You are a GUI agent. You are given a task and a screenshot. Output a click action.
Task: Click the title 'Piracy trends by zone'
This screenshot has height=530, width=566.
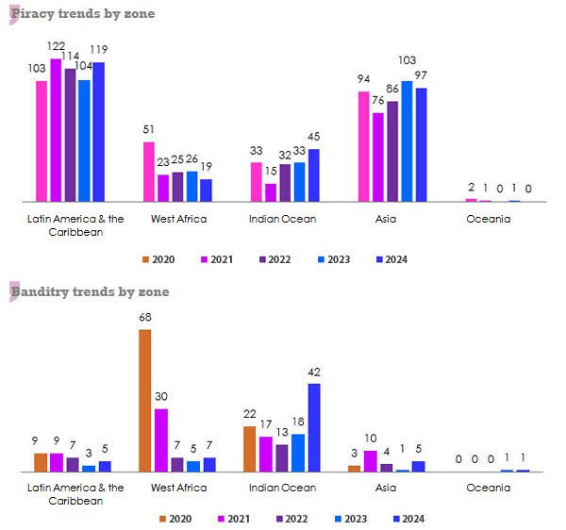click(x=82, y=14)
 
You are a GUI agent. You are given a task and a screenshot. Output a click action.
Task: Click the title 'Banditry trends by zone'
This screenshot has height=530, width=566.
click(x=90, y=291)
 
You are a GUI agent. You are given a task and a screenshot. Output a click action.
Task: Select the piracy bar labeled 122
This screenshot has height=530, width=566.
click(x=56, y=130)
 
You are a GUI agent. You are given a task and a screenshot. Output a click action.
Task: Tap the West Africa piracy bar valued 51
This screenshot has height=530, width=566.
click(x=148, y=172)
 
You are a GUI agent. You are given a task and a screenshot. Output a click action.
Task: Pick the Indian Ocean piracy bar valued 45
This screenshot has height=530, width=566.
click(x=313, y=175)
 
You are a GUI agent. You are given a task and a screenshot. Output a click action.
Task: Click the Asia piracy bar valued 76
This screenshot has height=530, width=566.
click(x=378, y=157)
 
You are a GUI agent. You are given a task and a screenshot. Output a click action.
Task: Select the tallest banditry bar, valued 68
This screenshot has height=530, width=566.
click(x=144, y=400)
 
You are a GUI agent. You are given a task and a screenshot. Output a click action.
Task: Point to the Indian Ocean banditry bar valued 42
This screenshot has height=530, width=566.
click(x=313, y=427)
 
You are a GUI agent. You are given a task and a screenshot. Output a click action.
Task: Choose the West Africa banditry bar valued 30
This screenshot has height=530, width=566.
click(x=161, y=439)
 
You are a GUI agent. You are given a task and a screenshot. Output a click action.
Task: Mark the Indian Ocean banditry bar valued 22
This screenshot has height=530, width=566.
click(x=249, y=449)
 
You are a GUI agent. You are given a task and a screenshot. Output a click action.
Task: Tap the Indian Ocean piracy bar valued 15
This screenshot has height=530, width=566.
click(x=271, y=192)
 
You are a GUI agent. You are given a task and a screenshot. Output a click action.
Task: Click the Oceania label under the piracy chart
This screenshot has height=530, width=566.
click(x=488, y=219)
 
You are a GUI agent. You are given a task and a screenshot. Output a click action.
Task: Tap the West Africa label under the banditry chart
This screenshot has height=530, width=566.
click(x=178, y=488)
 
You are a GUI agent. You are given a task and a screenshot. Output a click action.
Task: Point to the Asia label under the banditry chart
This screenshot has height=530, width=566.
click(x=385, y=488)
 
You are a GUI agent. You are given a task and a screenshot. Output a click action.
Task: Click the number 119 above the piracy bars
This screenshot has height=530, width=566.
click(x=99, y=49)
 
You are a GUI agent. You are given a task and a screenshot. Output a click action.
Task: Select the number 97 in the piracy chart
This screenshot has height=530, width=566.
click(x=422, y=75)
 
